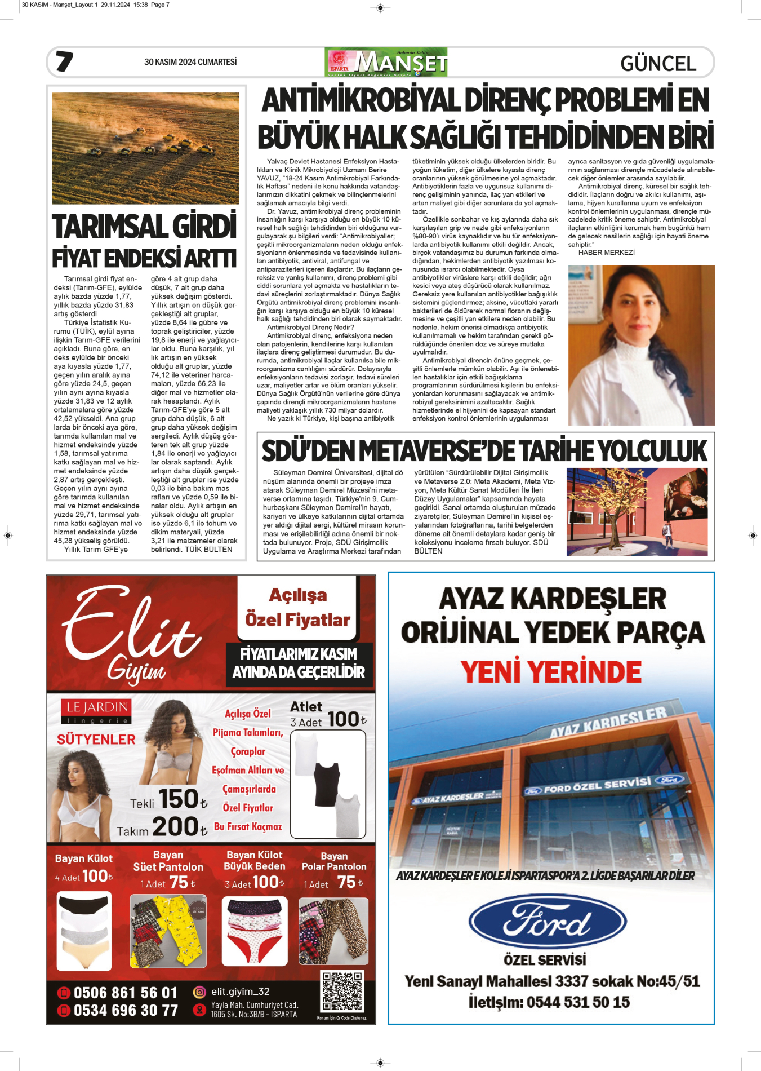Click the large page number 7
tap(64, 61)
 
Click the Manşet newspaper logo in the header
tap(386, 63)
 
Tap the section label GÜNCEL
tap(658, 64)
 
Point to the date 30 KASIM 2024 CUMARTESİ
tap(190, 62)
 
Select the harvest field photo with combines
tap(145, 148)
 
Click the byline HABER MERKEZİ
tap(606, 253)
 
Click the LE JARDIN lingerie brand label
tap(97, 708)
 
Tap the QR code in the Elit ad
tap(342, 991)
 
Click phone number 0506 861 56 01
tap(125, 993)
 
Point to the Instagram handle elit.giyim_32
tap(240, 992)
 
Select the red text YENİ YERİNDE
tap(551, 672)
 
